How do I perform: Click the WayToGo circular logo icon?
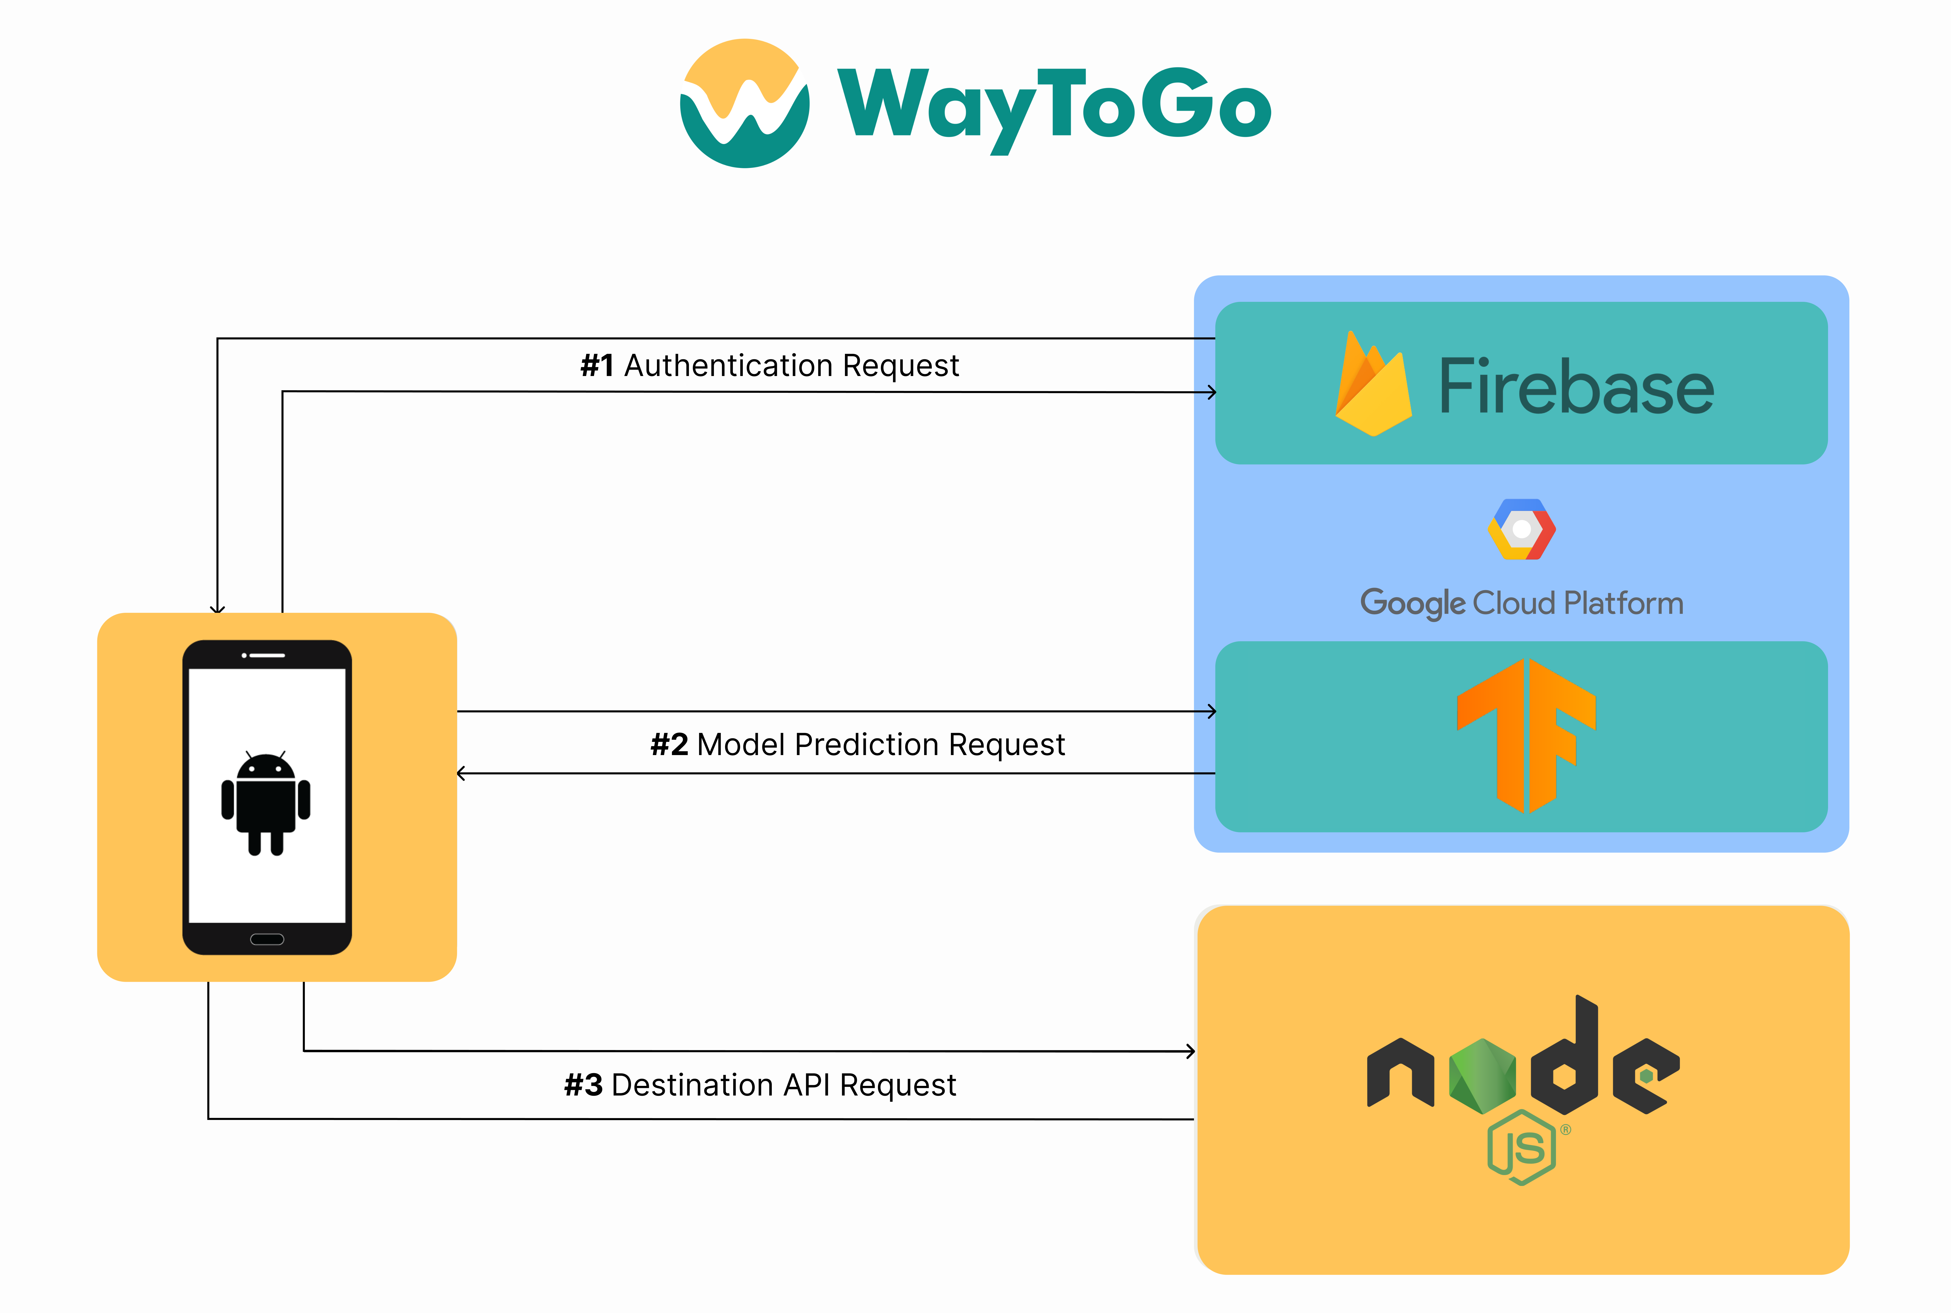pyautogui.click(x=744, y=103)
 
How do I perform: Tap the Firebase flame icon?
pyautogui.click(x=1373, y=384)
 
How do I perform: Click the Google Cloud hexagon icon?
pyautogui.click(x=1521, y=529)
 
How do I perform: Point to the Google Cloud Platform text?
pyautogui.click(x=1521, y=603)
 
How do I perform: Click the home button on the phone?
pyautogui.click(x=267, y=939)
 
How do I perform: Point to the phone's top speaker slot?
pyautogui.click(x=264, y=655)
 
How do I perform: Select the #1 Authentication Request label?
pyautogui.click(x=769, y=365)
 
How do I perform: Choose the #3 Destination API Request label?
pyautogui.click(x=760, y=1084)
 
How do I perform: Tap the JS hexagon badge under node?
pyautogui.click(x=1521, y=1147)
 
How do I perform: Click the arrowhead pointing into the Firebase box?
pyautogui.click(x=1212, y=392)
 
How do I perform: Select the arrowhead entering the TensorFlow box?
pyautogui.click(x=1212, y=711)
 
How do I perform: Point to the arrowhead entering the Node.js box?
pyautogui.click(x=1191, y=1051)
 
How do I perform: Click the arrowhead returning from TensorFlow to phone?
pyautogui.click(x=461, y=773)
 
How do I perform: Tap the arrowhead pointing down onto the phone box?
pyautogui.click(x=218, y=609)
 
